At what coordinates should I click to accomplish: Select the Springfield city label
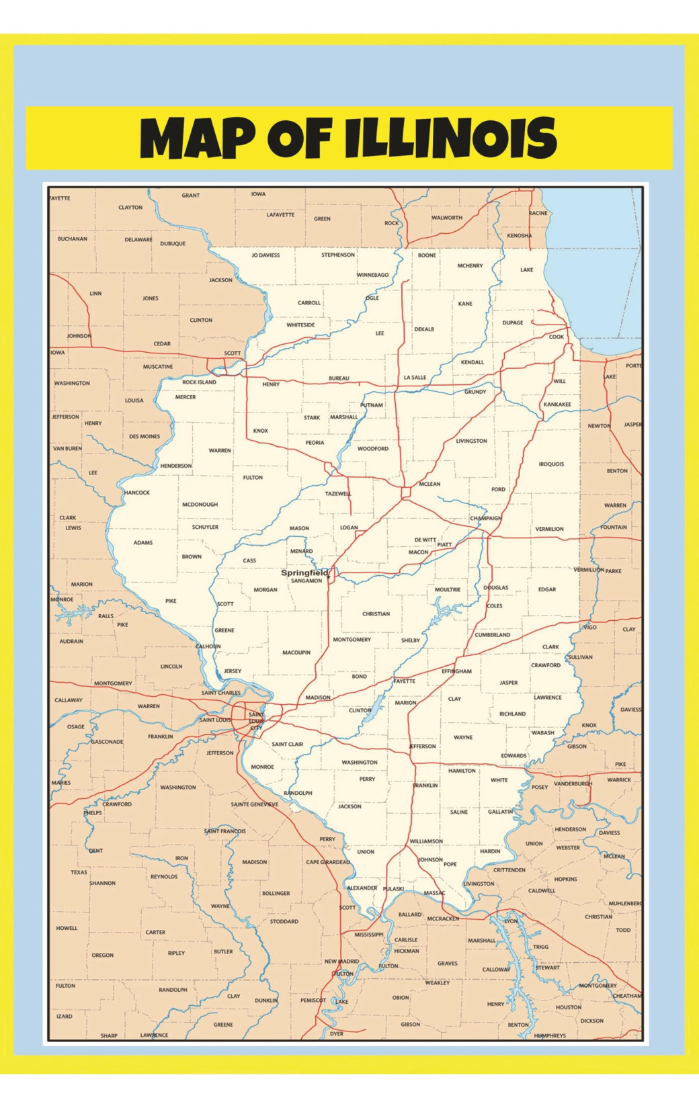click(x=304, y=572)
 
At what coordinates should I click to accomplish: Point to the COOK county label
click(x=557, y=337)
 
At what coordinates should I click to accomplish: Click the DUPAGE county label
click(x=513, y=323)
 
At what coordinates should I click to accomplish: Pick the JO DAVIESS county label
click(x=265, y=255)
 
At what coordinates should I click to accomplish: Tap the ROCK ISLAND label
click(x=200, y=382)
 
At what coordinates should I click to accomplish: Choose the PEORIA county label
click(x=315, y=443)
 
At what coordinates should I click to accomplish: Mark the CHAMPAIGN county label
click(x=485, y=518)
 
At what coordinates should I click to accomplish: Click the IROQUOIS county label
click(x=551, y=464)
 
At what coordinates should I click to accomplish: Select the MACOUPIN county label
click(x=296, y=652)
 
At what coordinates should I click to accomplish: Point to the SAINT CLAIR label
click(x=288, y=744)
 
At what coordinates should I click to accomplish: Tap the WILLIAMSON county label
click(x=426, y=841)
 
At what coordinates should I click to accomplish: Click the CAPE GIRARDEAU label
click(x=328, y=862)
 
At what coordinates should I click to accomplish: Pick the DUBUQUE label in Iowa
click(x=173, y=244)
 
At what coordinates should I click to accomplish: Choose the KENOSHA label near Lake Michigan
click(x=520, y=236)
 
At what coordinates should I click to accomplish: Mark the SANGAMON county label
click(x=306, y=581)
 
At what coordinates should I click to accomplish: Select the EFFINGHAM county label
click(x=456, y=671)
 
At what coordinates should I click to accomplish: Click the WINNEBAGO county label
click(x=372, y=275)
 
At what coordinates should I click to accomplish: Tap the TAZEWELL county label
click(x=338, y=494)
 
